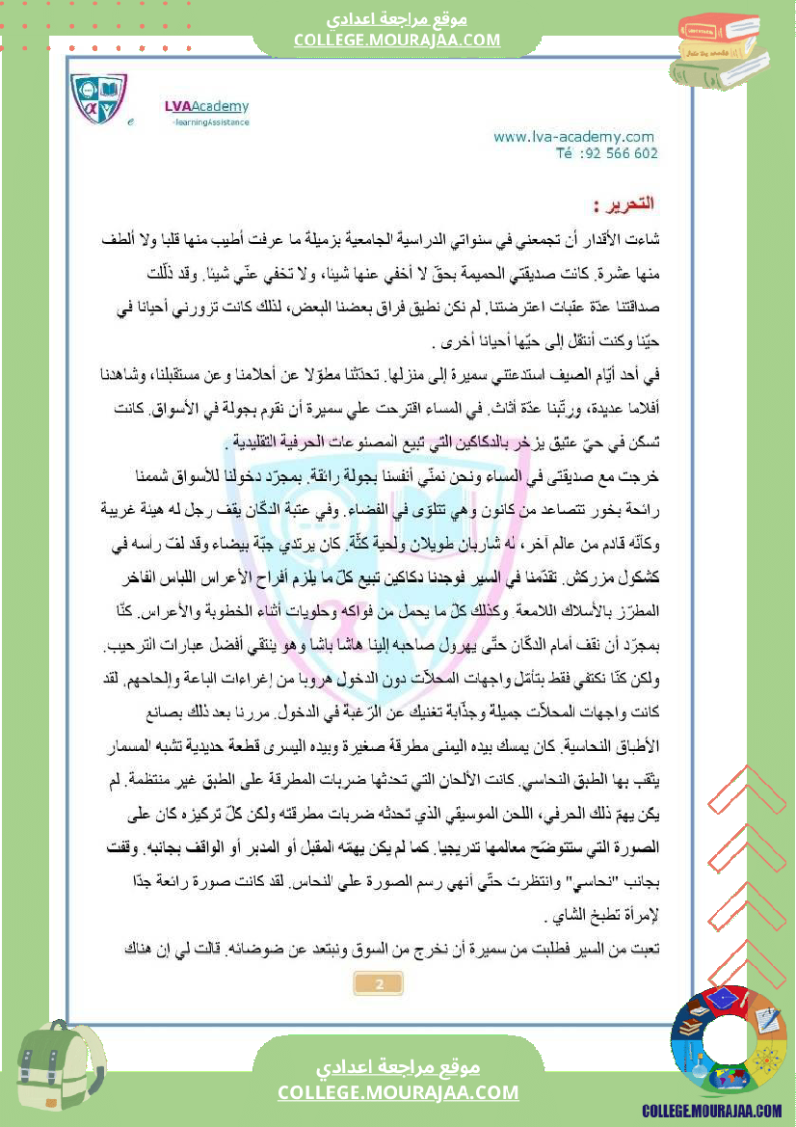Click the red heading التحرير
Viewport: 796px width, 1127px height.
pyautogui.click(x=624, y=203)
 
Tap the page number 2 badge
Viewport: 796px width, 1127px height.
pyautogui.click(x=379, y=984)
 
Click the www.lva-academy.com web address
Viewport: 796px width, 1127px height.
pyautogui.click(x=573, y=137)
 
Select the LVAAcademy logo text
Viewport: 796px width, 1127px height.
pyautogui.click(x=205, y=106)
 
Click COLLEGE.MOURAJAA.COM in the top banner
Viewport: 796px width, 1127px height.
pyautogui.click(x=397, y=40)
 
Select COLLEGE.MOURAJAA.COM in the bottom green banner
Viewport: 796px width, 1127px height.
pyautogui.click(x=398, y=1092)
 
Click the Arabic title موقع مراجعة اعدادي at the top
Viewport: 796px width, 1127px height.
pyautogui.click(x=397, y=19)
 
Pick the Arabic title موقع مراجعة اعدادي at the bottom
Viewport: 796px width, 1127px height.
pyautogui.click(x=398, y=1067)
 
